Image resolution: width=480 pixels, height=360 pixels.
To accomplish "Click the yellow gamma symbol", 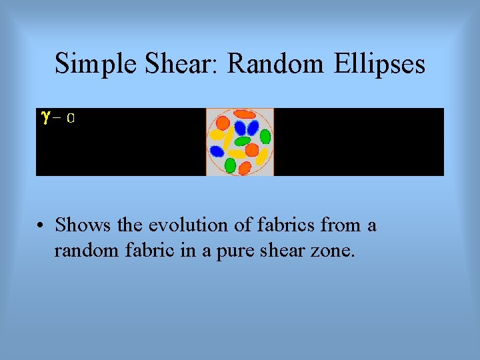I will pyautogui.click(x=45, y=117).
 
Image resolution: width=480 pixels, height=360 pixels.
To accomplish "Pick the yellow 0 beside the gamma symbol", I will pyautogui.click(x=70, y=119).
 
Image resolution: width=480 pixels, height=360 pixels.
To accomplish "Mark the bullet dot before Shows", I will pyautogui.click(x=41, y=226).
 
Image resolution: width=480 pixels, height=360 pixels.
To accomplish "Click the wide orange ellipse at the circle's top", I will pyautogui.click(x=244, y=114).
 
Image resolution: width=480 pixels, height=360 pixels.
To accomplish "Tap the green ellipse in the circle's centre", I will pyautogui.click(x=242, y=141).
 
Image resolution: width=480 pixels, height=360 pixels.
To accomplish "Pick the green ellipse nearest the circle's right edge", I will pyautogui.click(x=265, y=137).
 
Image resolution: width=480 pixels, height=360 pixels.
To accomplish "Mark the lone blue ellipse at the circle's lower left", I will pyautogui.click(x=217, y=151).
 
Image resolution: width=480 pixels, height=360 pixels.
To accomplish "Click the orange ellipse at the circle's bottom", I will pyautogui.click(x=245, y=168).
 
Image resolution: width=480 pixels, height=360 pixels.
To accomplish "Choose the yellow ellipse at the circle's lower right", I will pyautogui.click(x=262, y=157).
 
